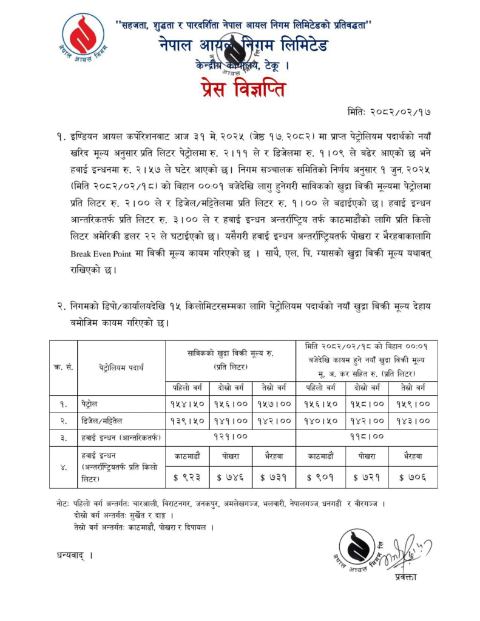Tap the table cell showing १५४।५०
click(x=188, y=403)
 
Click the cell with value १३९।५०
click(x=188, y=420)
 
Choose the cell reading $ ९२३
click(x=188, y=477)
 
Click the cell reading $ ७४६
click(x=231, y=477)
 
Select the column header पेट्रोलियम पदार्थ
click(x=121, y=367)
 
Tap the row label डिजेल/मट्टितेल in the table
click(x=109, y=420)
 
